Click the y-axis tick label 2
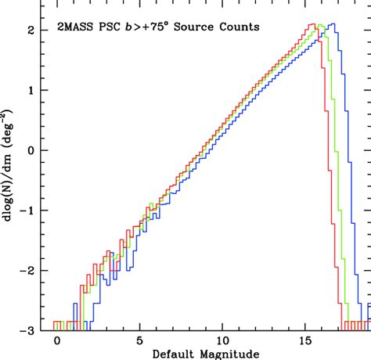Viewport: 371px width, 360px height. [x=31, y=31]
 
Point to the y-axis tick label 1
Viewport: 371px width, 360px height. [x=31, y=91]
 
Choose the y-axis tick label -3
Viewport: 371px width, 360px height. [x=27, y=331]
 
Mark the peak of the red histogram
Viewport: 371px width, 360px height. [x=312, y=24]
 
